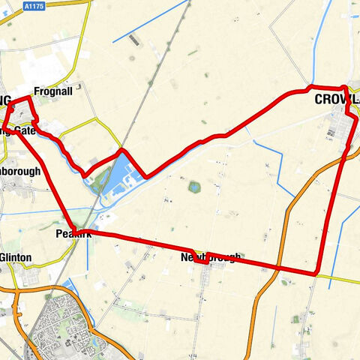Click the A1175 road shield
33,5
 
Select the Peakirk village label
73,235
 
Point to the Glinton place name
16,257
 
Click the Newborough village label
211,258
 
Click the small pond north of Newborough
194,187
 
